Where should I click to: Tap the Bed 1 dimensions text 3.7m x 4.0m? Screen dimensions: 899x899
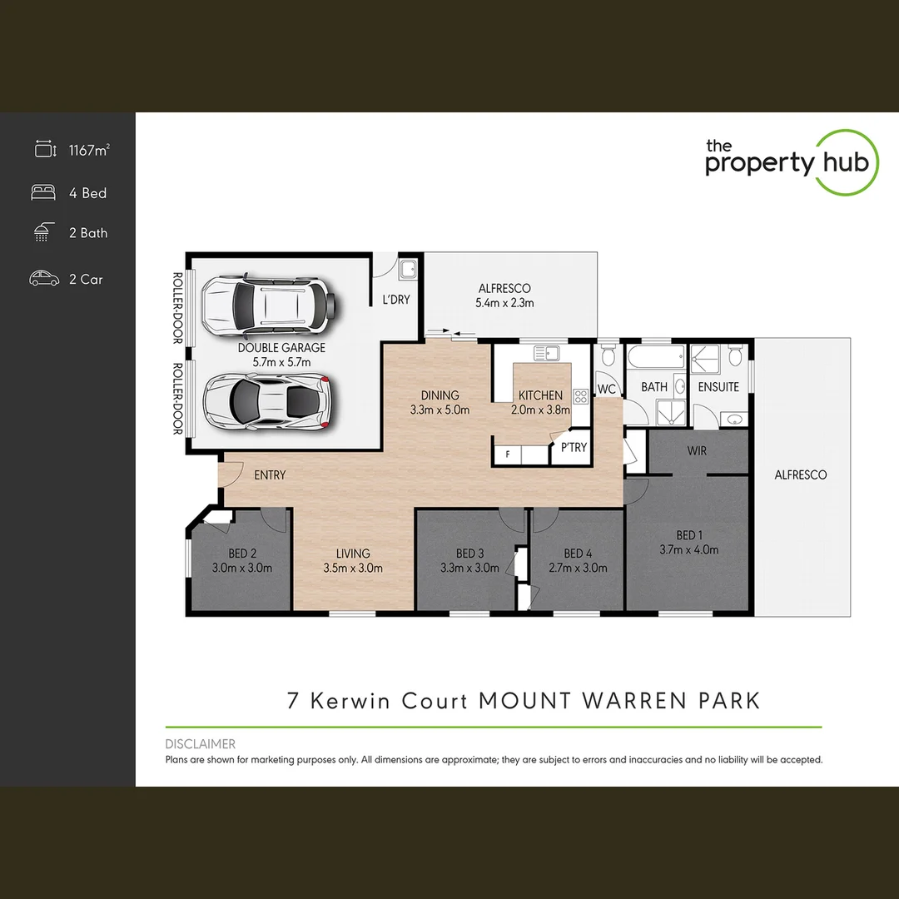(688, 549)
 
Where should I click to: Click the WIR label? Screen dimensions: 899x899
(697, 450)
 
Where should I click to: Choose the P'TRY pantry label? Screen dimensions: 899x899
(574, 447)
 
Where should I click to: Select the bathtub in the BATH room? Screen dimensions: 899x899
(653, 359)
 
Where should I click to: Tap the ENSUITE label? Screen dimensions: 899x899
(718, 387)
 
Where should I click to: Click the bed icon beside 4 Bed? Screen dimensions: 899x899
(43, 192)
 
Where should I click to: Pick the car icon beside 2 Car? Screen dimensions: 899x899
(44, 279)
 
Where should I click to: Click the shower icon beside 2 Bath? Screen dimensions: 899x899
(42, 233)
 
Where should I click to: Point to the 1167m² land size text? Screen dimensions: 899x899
(89, 151)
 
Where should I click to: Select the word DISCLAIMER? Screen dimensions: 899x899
(201, 744)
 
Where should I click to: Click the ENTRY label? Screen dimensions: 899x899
(270, 475)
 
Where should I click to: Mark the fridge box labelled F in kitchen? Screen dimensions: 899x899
(507, 455)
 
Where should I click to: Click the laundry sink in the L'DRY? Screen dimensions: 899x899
(409, 270)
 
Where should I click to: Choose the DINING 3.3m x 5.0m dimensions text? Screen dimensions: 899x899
(440, 410)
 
